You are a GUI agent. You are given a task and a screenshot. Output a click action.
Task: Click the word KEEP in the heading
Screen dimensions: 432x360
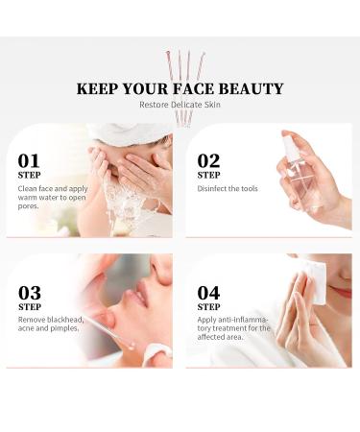97,88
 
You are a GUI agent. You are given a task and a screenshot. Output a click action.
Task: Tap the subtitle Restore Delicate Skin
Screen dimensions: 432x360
180,105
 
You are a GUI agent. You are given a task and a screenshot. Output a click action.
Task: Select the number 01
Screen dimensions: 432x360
30,160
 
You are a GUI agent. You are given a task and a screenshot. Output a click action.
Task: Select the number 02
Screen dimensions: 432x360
209,160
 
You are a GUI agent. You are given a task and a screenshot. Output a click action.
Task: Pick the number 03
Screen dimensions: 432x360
30,292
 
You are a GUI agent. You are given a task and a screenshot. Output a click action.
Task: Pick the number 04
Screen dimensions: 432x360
209,292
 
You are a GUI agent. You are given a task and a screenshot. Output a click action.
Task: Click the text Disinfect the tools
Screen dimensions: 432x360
228,188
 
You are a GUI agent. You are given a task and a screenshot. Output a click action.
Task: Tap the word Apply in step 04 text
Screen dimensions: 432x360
209,320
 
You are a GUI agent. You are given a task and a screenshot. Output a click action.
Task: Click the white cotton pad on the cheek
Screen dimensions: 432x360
316,284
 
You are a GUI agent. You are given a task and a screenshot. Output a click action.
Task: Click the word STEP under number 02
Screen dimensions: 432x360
209,176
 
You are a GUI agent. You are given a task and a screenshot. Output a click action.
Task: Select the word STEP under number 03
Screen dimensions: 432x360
30,306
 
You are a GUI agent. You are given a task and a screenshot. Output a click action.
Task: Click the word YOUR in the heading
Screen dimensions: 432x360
146,88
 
